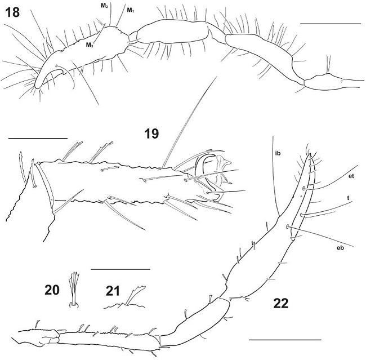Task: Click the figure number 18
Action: click(x=12, y=12)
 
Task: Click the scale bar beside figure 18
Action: click(x=331, y=24)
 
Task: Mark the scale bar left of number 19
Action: click(x=38, y=137)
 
